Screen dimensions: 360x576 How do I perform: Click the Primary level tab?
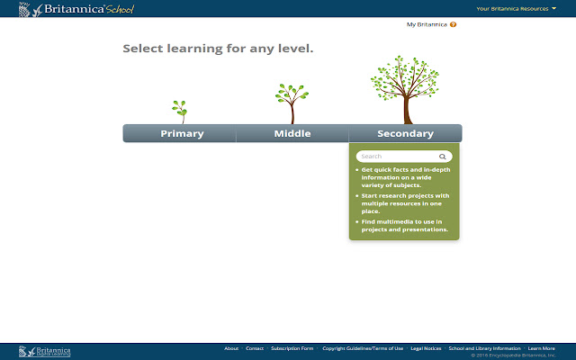182,134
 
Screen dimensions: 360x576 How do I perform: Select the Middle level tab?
292,134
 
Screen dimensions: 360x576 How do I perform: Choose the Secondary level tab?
405,134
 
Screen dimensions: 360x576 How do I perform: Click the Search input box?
396,157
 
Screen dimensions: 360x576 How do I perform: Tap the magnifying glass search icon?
442,157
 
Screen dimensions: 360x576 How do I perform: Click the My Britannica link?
426,24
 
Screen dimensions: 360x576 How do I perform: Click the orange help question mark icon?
453,24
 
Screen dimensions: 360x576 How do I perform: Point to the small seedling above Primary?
180,111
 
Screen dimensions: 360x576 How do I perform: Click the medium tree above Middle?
291,102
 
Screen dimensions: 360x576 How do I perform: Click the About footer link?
231,348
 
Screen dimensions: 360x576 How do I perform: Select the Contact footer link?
255,348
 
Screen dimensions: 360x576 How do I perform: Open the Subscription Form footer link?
292,348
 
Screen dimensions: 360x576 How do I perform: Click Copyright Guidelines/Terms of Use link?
362,348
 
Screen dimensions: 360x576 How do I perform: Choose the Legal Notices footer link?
426,348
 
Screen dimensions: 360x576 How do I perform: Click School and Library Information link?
484,348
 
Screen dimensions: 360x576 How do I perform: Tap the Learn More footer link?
542,348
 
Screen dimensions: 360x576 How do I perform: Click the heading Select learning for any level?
218,49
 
